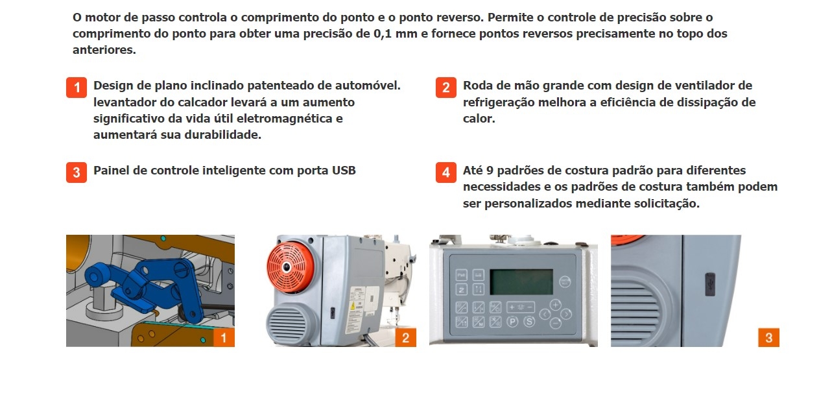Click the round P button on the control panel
click(512, 322)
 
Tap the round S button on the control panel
click(529, 322)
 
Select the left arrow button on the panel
click(545, 314)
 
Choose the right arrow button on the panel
click(566, 314)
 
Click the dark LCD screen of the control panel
click(521, 282)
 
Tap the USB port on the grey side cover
click(709, 284)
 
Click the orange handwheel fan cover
click(290, 267)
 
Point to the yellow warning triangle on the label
click(353, 306)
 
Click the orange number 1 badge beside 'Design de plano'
click(77, 88)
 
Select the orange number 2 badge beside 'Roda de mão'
click(445, 88)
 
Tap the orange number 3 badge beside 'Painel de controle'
click(77, 173)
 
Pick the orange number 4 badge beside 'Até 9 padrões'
click(445, 173)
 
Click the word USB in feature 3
click(344, 171)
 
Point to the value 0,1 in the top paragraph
click(383, 34)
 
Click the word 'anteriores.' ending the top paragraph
click(104, 50)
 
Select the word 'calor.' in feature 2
click(479, 119)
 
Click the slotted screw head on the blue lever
click(182, 270)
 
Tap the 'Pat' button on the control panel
click(462, 275)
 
